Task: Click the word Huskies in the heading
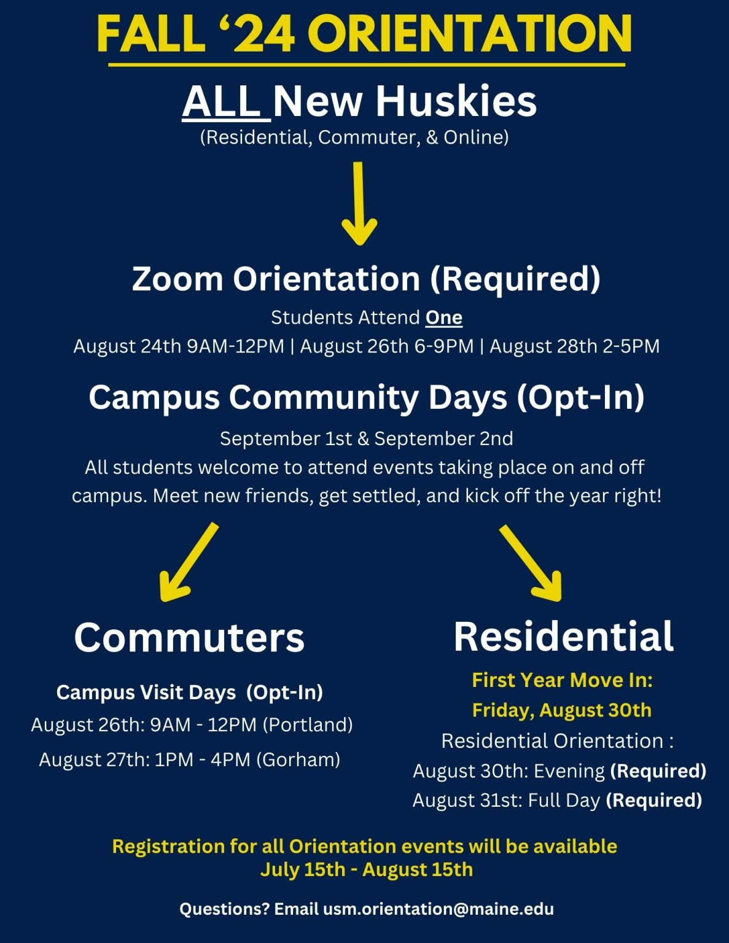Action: coord(456,101)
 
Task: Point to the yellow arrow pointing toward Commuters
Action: coord(187,562)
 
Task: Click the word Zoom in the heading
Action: coord(177,279)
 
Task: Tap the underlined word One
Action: coord(443,317)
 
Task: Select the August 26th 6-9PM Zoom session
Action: coord(387,346)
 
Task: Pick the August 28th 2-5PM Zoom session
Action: coord(574,346)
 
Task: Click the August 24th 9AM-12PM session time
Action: coord(179,346)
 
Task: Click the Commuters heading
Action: coord(189,637)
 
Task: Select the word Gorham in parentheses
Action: coord(298,760)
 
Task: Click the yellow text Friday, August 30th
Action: coord(561,710)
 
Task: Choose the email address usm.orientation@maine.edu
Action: coord(439,909)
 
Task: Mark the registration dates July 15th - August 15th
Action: coord(367,870)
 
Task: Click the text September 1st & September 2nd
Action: coord(367,439)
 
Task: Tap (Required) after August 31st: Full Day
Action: coord(653,801)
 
